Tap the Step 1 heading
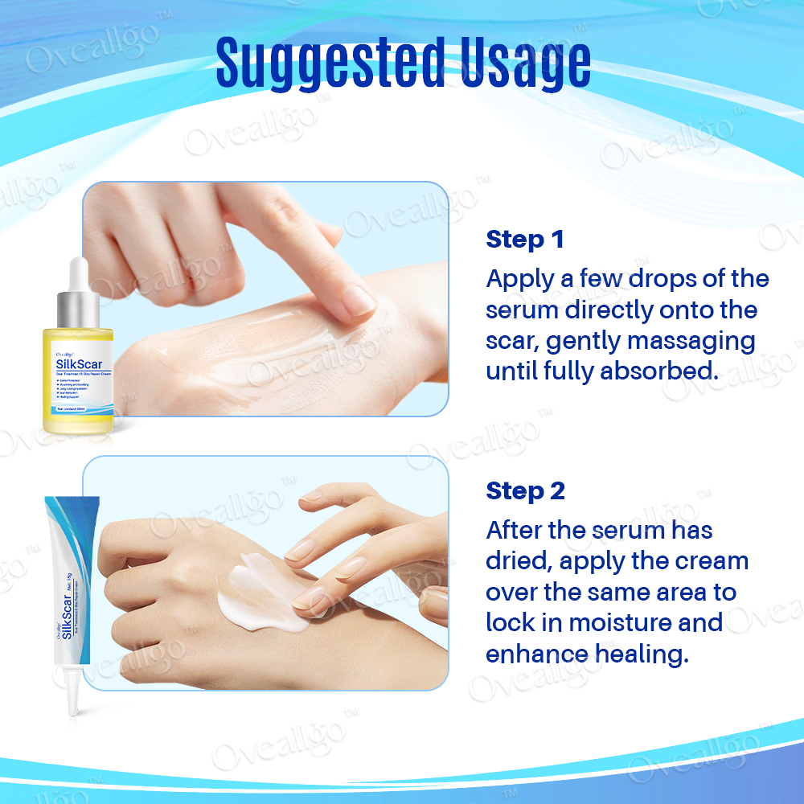click(x=525, y=239)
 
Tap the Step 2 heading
click(x=526, y=490)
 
